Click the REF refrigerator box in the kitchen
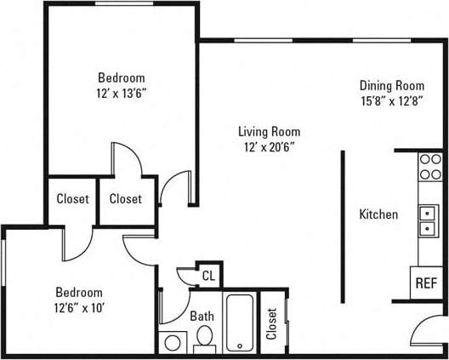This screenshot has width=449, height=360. pyautogui.click(x=425, y=283)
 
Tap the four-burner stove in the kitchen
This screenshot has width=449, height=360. pyautogui.click(x=430, y=166)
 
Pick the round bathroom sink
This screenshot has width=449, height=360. pyautogui.click(x=173, y=343)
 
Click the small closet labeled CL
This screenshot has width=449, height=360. pyautogui.click(x=207, y=275)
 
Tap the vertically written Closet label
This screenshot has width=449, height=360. pyautogui.click(x=271, y=322)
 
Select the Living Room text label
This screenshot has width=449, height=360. pyautogui.click(x=269, y=131)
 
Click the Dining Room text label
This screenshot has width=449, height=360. pyautogui.click(x=391, y=85)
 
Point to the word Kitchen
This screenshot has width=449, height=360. pyautogui.click(x=378, y=214)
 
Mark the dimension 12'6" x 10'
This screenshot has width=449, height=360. pyautogui.click(x=79, y=307)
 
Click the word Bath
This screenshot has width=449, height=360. pyautogui.click(x=202, y=316)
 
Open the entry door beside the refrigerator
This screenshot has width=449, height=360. pyautogui.click(x=425, y=327)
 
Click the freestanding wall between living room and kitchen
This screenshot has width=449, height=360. pyautogui.click(x=343, y=226)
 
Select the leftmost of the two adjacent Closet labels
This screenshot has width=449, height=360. pyautogui.click(x=72, y=199)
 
